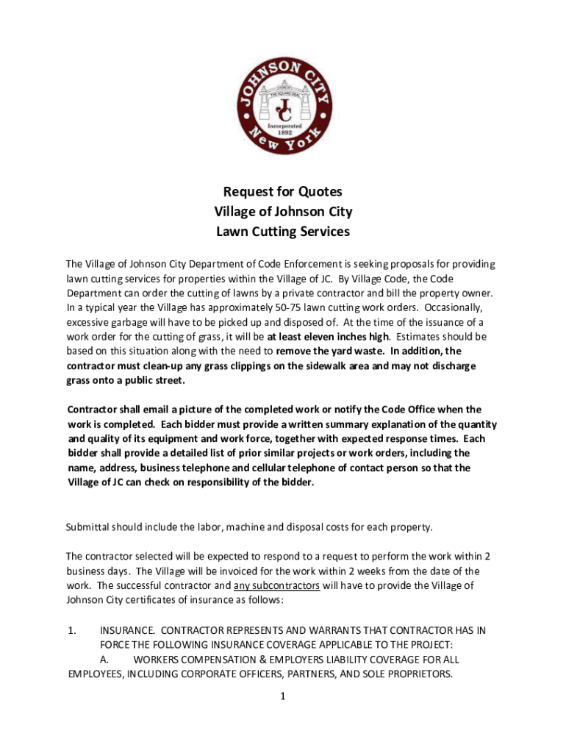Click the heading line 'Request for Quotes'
282,193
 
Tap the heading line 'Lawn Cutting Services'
282,232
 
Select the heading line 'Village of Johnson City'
282,213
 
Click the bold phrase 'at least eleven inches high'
327,337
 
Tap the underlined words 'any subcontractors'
276,585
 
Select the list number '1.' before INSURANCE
71,630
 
